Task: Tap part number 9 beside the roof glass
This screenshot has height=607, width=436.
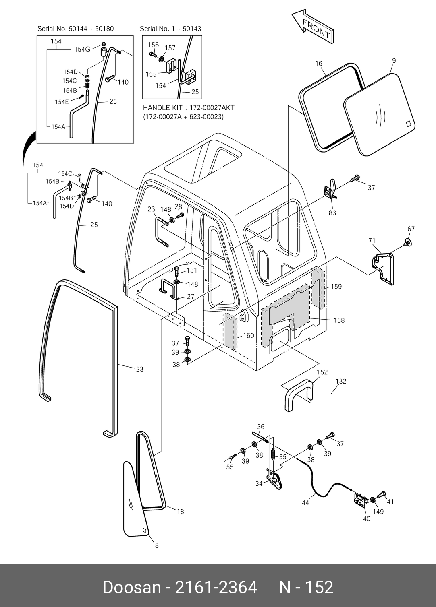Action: tap(393, 61)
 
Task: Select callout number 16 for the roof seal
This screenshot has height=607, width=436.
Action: tap(319, 64)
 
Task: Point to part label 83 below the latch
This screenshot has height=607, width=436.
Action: tap(332, 213)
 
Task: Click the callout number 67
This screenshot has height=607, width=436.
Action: tap(411, 229)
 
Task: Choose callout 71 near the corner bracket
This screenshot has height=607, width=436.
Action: tap(372, 241)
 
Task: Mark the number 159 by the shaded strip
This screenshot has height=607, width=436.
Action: tap(336, 287)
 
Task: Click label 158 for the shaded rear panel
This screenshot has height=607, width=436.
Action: tap(339, 320)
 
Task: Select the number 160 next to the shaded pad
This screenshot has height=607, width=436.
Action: tap(248, 335)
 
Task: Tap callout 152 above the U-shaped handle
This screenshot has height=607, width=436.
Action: tap(322, 372)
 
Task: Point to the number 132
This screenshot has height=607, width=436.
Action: tap(341, 381)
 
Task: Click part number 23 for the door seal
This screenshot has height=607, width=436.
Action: tap(139, 369)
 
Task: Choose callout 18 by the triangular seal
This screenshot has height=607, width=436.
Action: tap(180, 511)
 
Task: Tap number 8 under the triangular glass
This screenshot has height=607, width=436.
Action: tap(157, 546)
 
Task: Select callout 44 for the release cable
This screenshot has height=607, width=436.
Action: tap(305, 503)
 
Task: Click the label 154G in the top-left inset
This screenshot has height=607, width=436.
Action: tap(82, 49)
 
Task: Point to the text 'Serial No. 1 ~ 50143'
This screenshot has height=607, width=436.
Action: tap(170, 29)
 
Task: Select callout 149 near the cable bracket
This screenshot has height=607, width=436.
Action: tap(378, 512)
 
